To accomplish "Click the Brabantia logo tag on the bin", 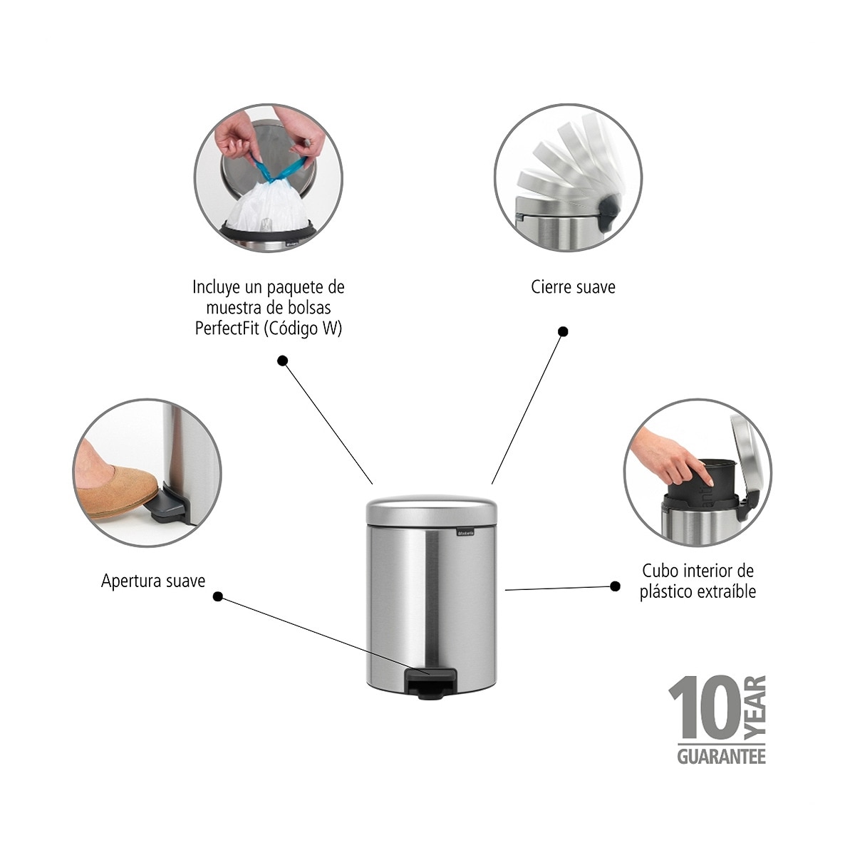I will pos(466,531).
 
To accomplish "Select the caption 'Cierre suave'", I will pos(573,287).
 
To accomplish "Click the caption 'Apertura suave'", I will pos(153,581).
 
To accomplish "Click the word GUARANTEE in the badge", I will pos(720,756).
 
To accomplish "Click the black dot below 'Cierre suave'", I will pos(563,331).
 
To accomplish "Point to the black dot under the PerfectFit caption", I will pos(282,361).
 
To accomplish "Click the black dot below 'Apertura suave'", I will pos(218,596).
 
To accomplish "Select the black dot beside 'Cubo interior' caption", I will pos(615,586).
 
